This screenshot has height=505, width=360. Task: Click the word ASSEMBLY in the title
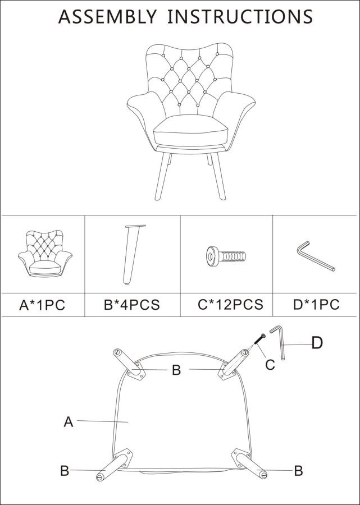[x=107, y=17]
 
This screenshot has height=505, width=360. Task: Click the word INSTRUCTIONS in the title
[x=240, y=17]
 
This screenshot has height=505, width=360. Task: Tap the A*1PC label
[x=42, y=305]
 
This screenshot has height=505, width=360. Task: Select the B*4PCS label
[x=132, y=305]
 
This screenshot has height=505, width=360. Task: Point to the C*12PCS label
[x=230, y=304]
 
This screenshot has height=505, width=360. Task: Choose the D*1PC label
[x=316, y=304]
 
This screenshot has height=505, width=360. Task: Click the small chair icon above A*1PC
[x=45, y=254]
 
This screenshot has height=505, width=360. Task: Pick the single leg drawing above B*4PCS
[x=133, y=254]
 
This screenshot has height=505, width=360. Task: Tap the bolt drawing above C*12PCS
[x=226, y=256]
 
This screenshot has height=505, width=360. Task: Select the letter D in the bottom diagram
[x=317, y=343]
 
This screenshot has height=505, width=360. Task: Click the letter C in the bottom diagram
[x=270, y=365]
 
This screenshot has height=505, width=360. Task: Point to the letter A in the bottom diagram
[x=69, y=421]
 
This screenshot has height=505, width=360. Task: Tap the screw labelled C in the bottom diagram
[x=259, y=339]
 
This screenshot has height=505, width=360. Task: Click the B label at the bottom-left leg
[x=65, y=471]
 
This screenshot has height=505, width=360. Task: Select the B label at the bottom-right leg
[x=298, y=471]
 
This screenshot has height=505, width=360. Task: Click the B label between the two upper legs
[x=176, y=370]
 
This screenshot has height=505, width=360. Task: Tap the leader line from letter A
[x=102, y=421]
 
